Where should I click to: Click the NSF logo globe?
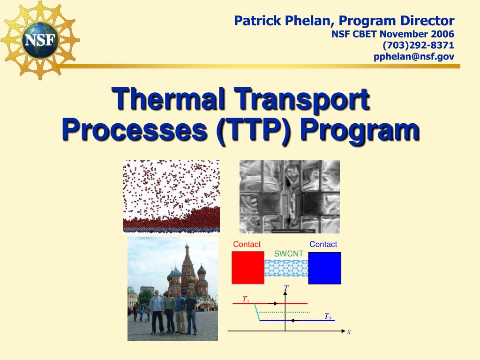coord(40,40)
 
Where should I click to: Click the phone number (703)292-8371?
coord(418,45)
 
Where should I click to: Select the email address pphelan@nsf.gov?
coord(413,57)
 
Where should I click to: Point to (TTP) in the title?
coord(253,130)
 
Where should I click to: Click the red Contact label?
coord(247,244)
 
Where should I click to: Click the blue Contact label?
coord(323,244)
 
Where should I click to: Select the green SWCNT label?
coord(288,254)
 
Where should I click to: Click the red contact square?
coord(247,268)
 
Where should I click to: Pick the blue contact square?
coord(324,268)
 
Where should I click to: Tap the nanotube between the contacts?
coord(286,268)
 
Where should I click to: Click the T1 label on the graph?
coord(246,299)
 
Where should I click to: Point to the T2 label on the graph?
coord(328,316)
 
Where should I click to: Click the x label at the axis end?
coord(349,331)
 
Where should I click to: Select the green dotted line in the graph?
coord(284,312)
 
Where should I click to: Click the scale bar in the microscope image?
coord(285,231)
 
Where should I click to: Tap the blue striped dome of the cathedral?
coord(176,272)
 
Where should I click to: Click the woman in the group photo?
coord(169,312)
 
